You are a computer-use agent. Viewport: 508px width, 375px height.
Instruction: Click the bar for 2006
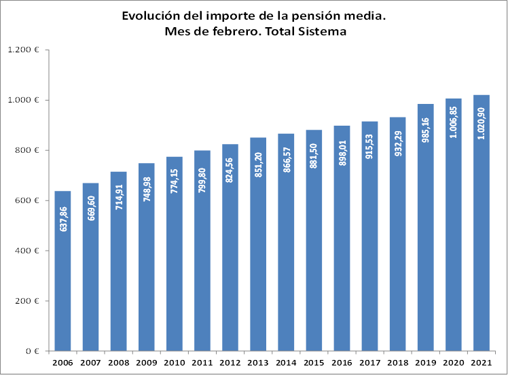point(62,285)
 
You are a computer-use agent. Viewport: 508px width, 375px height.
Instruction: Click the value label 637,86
point(63,217)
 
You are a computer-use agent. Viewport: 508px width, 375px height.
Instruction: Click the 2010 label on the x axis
point(174,363)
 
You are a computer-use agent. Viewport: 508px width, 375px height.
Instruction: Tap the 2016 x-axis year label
point(342,363)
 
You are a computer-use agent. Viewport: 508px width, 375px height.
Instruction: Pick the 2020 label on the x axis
point(453,363)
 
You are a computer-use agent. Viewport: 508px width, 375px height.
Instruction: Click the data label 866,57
point(286,159)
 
